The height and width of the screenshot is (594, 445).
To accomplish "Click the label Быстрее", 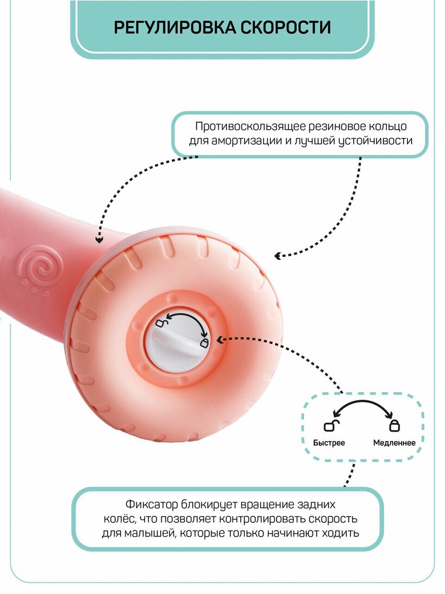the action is pos(329,443).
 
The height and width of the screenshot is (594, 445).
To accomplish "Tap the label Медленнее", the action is pos(394,443).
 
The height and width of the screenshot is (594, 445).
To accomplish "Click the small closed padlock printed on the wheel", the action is pos(204,343).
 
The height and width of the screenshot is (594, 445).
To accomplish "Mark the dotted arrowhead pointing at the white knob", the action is pos(219,339).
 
